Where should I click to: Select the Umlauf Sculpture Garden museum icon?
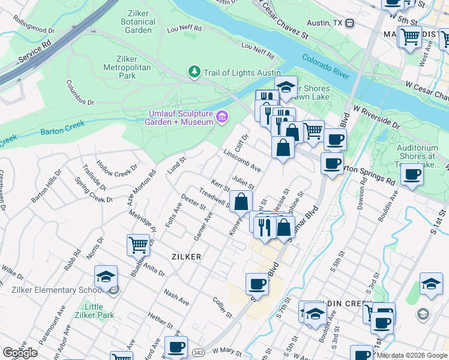pyautogui.click(x=222, y=116)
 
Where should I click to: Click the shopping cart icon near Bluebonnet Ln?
pyautogui.click(x=138, y=245)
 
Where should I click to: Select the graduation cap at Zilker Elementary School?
pyautogui.click(x=106, y=276)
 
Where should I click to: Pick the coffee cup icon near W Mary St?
pyautogui.click(x=176, y=347)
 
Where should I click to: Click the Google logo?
pyautogui.click(x=20, y=353)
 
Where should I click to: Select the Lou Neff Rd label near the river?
pyautogui.click(x=258, y=48)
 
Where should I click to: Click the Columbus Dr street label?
pyautogui.click(x=80, y=93)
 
